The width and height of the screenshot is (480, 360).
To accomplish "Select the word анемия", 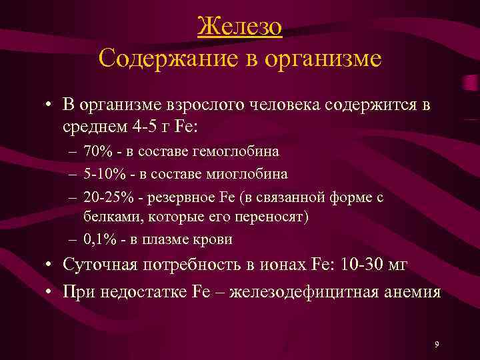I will pos(411,291).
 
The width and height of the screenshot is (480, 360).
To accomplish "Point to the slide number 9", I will pos(436,344).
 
